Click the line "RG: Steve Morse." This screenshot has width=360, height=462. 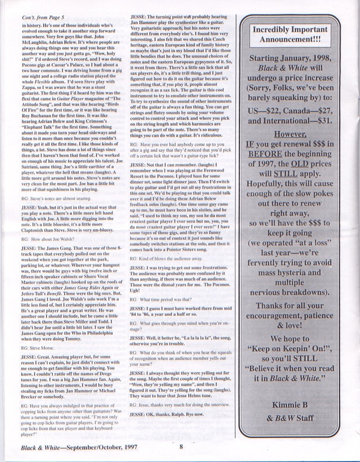coord(36,332)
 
